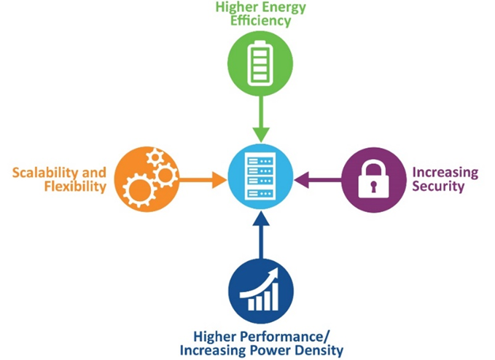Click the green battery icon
pyautogui.click(x=260, y=63)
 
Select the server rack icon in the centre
pyautogui.click(x=260, y=176)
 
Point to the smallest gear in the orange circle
pyautogui.click(x=155, y=157)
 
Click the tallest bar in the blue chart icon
pyautogui.click(x=274, y=297)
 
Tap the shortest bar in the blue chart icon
pyautogui.click(x=252, y=304)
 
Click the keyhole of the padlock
pyautogui.click(x=374, y=186)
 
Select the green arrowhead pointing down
pyautogui.click(x=261, y=135)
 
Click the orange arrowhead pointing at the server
pyautogui.click(x=219, y=180)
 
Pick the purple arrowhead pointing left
pyautogui.click(x=302, y=180)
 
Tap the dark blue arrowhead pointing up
pyautogui.click(x=261, y=219)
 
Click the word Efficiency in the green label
pyautogui.click(x=260, y=21)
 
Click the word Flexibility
pyautogui.click(x=75, y=187)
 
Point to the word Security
pyautogui.click(x=438, y=186)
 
